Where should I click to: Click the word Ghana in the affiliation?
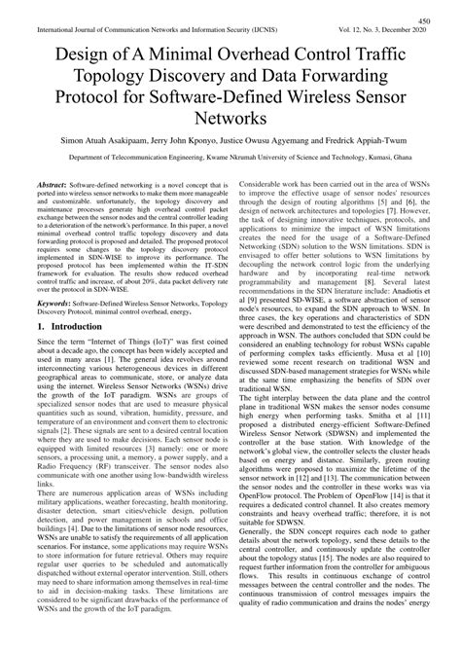(420, 168)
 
